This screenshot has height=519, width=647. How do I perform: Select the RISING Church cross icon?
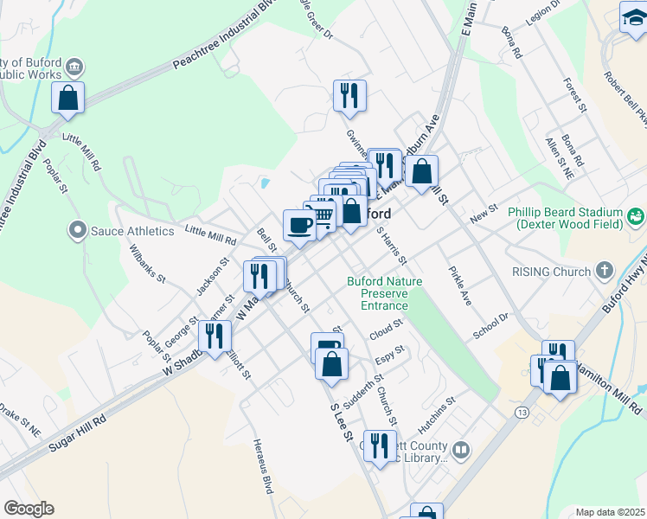[x=605, y=271]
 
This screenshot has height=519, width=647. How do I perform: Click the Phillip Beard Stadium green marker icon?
[x=637, y=215]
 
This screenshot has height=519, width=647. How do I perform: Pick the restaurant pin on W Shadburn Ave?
[x=214, y=335]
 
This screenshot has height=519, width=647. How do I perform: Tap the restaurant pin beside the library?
[x=379, y=445]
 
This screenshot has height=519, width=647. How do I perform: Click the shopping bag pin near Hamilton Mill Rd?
[x=560, y=376]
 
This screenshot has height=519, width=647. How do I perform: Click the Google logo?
[x=29, y=509]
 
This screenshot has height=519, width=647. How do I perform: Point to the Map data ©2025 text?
[x=611, y=512]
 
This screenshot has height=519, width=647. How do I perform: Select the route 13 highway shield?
[x=521, y=413]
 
